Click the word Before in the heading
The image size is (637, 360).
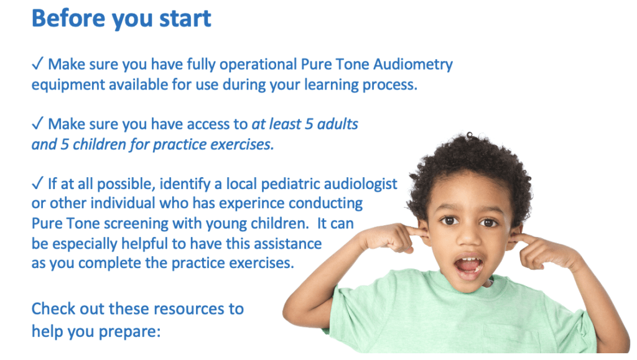click(x=68, y=18)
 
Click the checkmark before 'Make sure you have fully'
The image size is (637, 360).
click(x=37, y=63)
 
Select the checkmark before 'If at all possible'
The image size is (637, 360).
click(x=37, y=183)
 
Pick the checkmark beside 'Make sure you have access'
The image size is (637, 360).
click(x=37, y=123)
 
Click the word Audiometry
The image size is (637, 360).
click(x=413, y=65)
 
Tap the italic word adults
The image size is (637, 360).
click(x=338, y=124)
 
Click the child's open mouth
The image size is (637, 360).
click(x=469, y=266)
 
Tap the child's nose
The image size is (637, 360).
click(x=469, y=237)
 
